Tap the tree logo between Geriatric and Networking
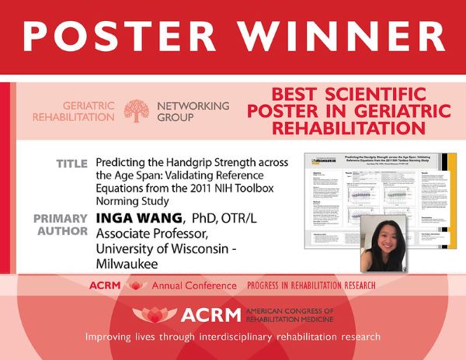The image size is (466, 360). pyautogui.click(x=137, y=111)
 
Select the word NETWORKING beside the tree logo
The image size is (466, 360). pyautogui.click(x=193, y=106)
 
